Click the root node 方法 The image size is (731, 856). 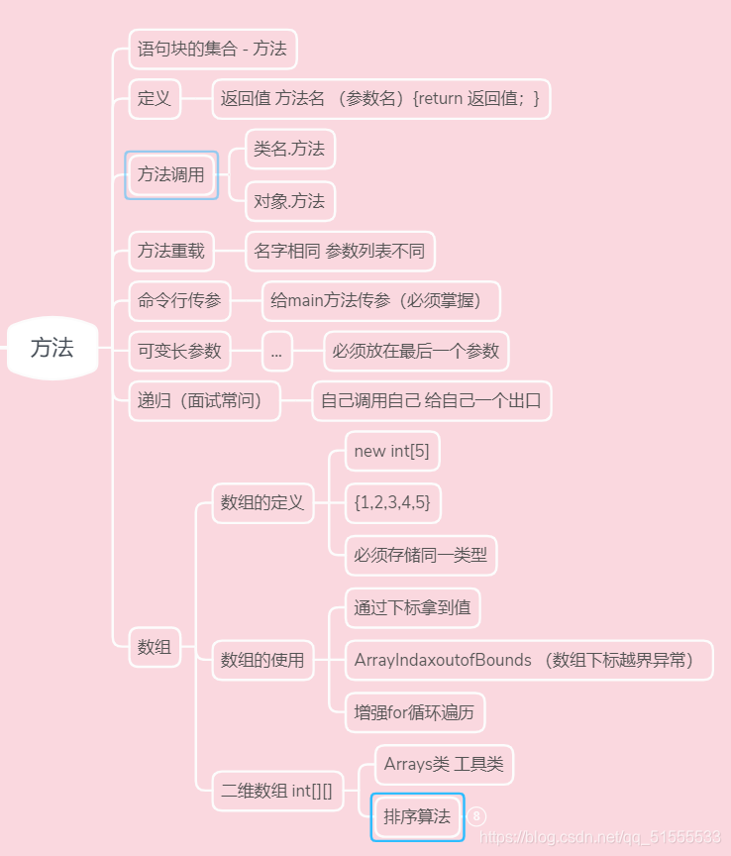(x=52, y=348)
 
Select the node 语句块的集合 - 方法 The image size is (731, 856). (x=212, y=49)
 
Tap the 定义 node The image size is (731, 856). (x=155, y=98)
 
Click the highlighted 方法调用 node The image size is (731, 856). (x=171, y=175)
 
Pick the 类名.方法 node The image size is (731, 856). (x=289, y=149)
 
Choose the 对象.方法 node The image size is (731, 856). (x=289, y=201)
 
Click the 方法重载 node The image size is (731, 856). (x=171, y=251)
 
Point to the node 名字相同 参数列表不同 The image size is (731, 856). (x=339, y=251)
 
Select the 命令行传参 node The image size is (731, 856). (x=179, y=301)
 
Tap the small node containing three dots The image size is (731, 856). (x=276, y=351)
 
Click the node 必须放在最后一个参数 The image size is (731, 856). (x=416, y=351)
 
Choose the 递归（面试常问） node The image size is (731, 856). (x=204, y=401)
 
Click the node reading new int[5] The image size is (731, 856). (x=391, y=452)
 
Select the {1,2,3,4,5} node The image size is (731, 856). (x=391, y=502)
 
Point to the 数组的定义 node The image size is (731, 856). (x=262, y=502)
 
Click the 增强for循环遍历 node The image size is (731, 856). (x=414, y=712)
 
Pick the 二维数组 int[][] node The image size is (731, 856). (x=276, y=791)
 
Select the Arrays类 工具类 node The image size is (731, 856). (x=444, y=765)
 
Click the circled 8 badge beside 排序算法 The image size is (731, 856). (x=476, y=816)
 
